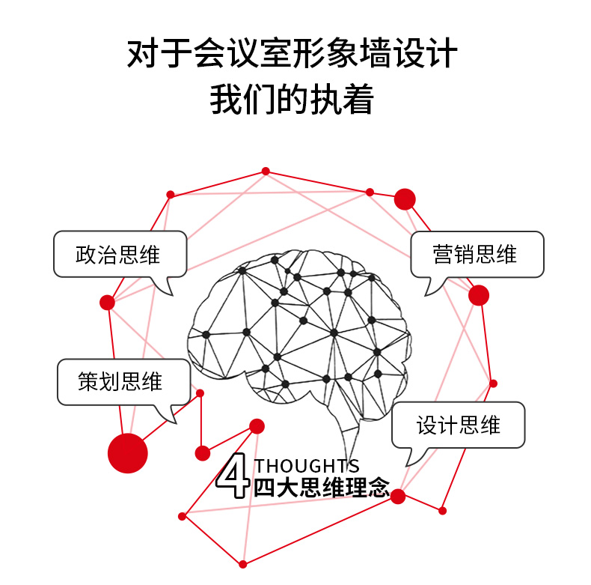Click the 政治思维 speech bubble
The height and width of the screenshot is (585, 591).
click(118, 255)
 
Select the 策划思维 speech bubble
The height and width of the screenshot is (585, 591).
click(121, 382)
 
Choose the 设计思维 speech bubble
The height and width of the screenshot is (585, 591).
click(458, 425)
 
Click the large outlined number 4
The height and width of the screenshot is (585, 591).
click(233, 475)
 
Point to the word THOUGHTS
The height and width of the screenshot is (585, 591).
click(307, 466)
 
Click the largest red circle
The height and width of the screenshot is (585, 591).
click(128, 453)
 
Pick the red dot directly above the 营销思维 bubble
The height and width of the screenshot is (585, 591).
click(405, 199)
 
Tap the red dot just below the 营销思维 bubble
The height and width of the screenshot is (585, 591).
click(479, 295)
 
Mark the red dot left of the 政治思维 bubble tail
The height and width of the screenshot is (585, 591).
click(107, 303)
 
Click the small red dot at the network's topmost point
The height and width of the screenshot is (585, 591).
click(266, 172)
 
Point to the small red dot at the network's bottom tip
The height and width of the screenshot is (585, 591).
click(242, 564)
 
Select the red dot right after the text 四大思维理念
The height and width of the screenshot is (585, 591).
click(398, 496)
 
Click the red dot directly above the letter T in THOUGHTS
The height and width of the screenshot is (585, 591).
click(257, 426)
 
